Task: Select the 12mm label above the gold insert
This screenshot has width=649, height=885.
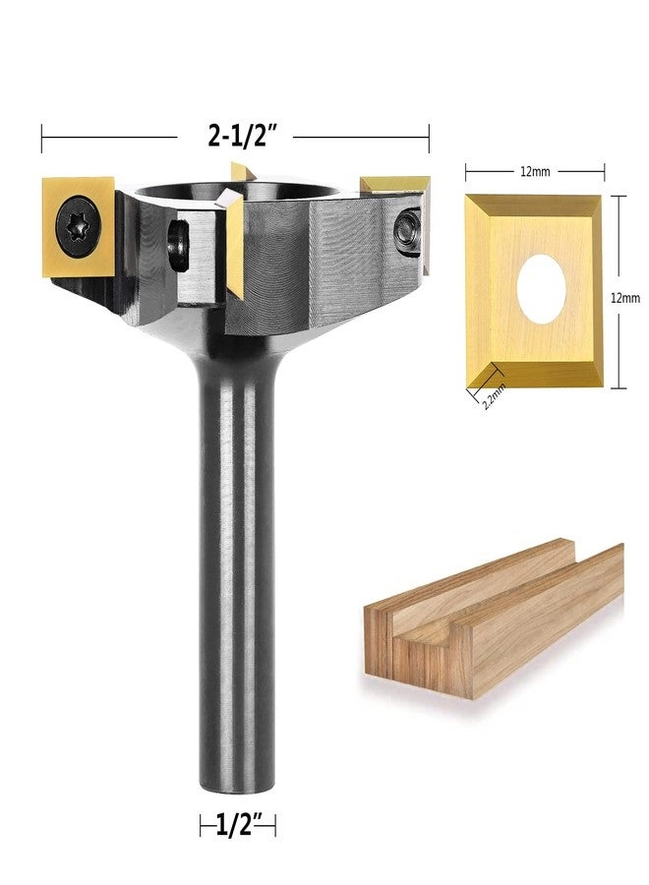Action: tap(534, 172)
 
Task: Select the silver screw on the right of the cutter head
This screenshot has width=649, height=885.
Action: tap(404, 229)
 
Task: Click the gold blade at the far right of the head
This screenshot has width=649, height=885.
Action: tap(398, 187)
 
